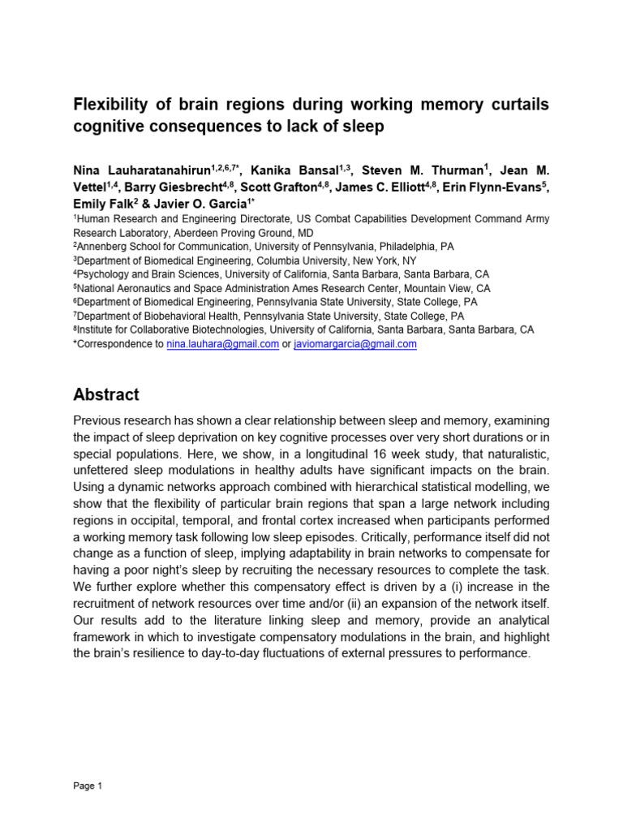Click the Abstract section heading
(106, 395)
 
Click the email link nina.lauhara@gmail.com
(223, 344)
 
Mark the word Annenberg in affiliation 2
(103, 247)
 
